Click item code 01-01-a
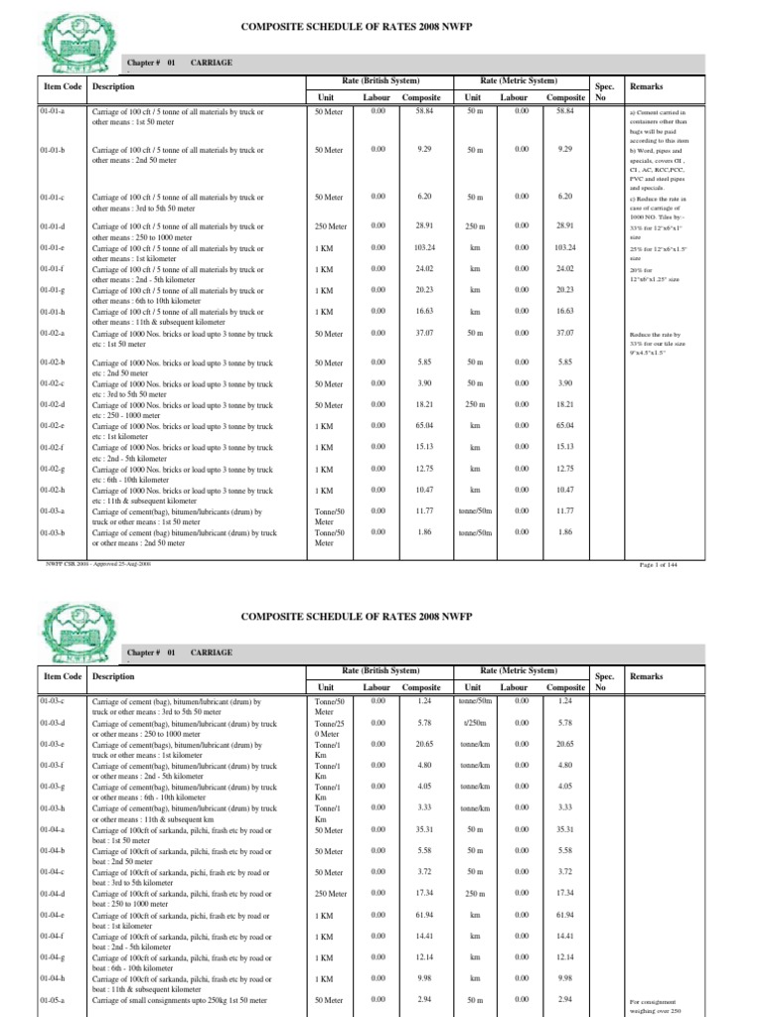click(x=51, y=113)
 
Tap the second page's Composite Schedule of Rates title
click(x=381, y=616)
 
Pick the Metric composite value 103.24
click(x=565, y=246)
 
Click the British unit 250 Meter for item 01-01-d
click(x=330, y=226)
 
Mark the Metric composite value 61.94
click(x=565, y=915)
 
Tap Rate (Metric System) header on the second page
click(x=521, y=670)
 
